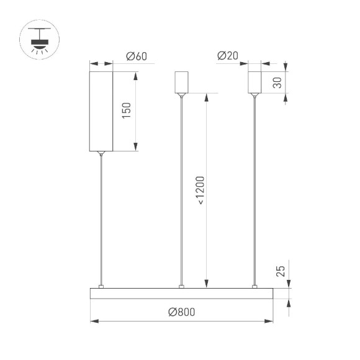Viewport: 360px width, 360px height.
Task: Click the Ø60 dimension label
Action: (136, 56)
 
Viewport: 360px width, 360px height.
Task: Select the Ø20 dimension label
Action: (228, 56)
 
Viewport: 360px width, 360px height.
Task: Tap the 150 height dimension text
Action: (126, 111)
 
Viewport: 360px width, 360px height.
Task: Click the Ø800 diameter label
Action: (182, 312)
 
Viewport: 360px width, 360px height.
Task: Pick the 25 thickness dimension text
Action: (280, 271)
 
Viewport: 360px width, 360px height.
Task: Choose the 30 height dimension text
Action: (279, 82)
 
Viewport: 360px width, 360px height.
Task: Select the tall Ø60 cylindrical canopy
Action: (101, 111)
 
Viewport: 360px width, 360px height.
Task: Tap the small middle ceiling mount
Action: (181, 83)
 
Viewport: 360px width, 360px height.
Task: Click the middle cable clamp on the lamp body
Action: (181, 286)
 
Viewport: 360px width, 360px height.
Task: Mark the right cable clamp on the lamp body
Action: (254, 286)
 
